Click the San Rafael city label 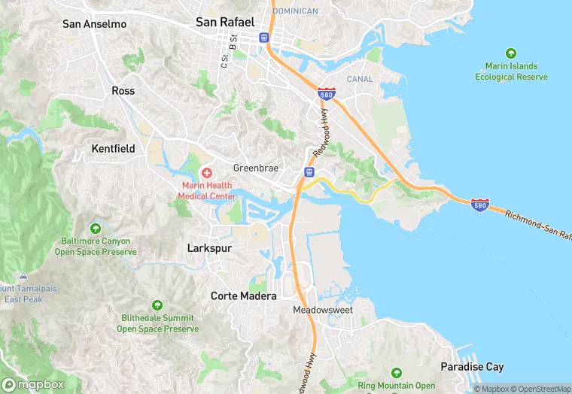click(225, 22)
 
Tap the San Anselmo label click(94, 24)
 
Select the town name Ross click(123, 90)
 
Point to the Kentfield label click(113, 149)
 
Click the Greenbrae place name click(256, 168)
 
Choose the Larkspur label click(209, 247)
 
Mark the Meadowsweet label click(322, 310)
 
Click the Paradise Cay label click(472, 367)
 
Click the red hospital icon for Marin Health click(206, 173)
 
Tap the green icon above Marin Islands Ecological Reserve click(511, 53)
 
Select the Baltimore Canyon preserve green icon click(95, 228)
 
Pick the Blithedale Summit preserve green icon click(157, 305)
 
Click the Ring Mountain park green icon click(397, 373)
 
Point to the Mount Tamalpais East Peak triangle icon click(23, 276)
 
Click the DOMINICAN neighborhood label click(295, 11)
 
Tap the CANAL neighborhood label click(360, 79)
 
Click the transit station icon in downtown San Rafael click(264, 37)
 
